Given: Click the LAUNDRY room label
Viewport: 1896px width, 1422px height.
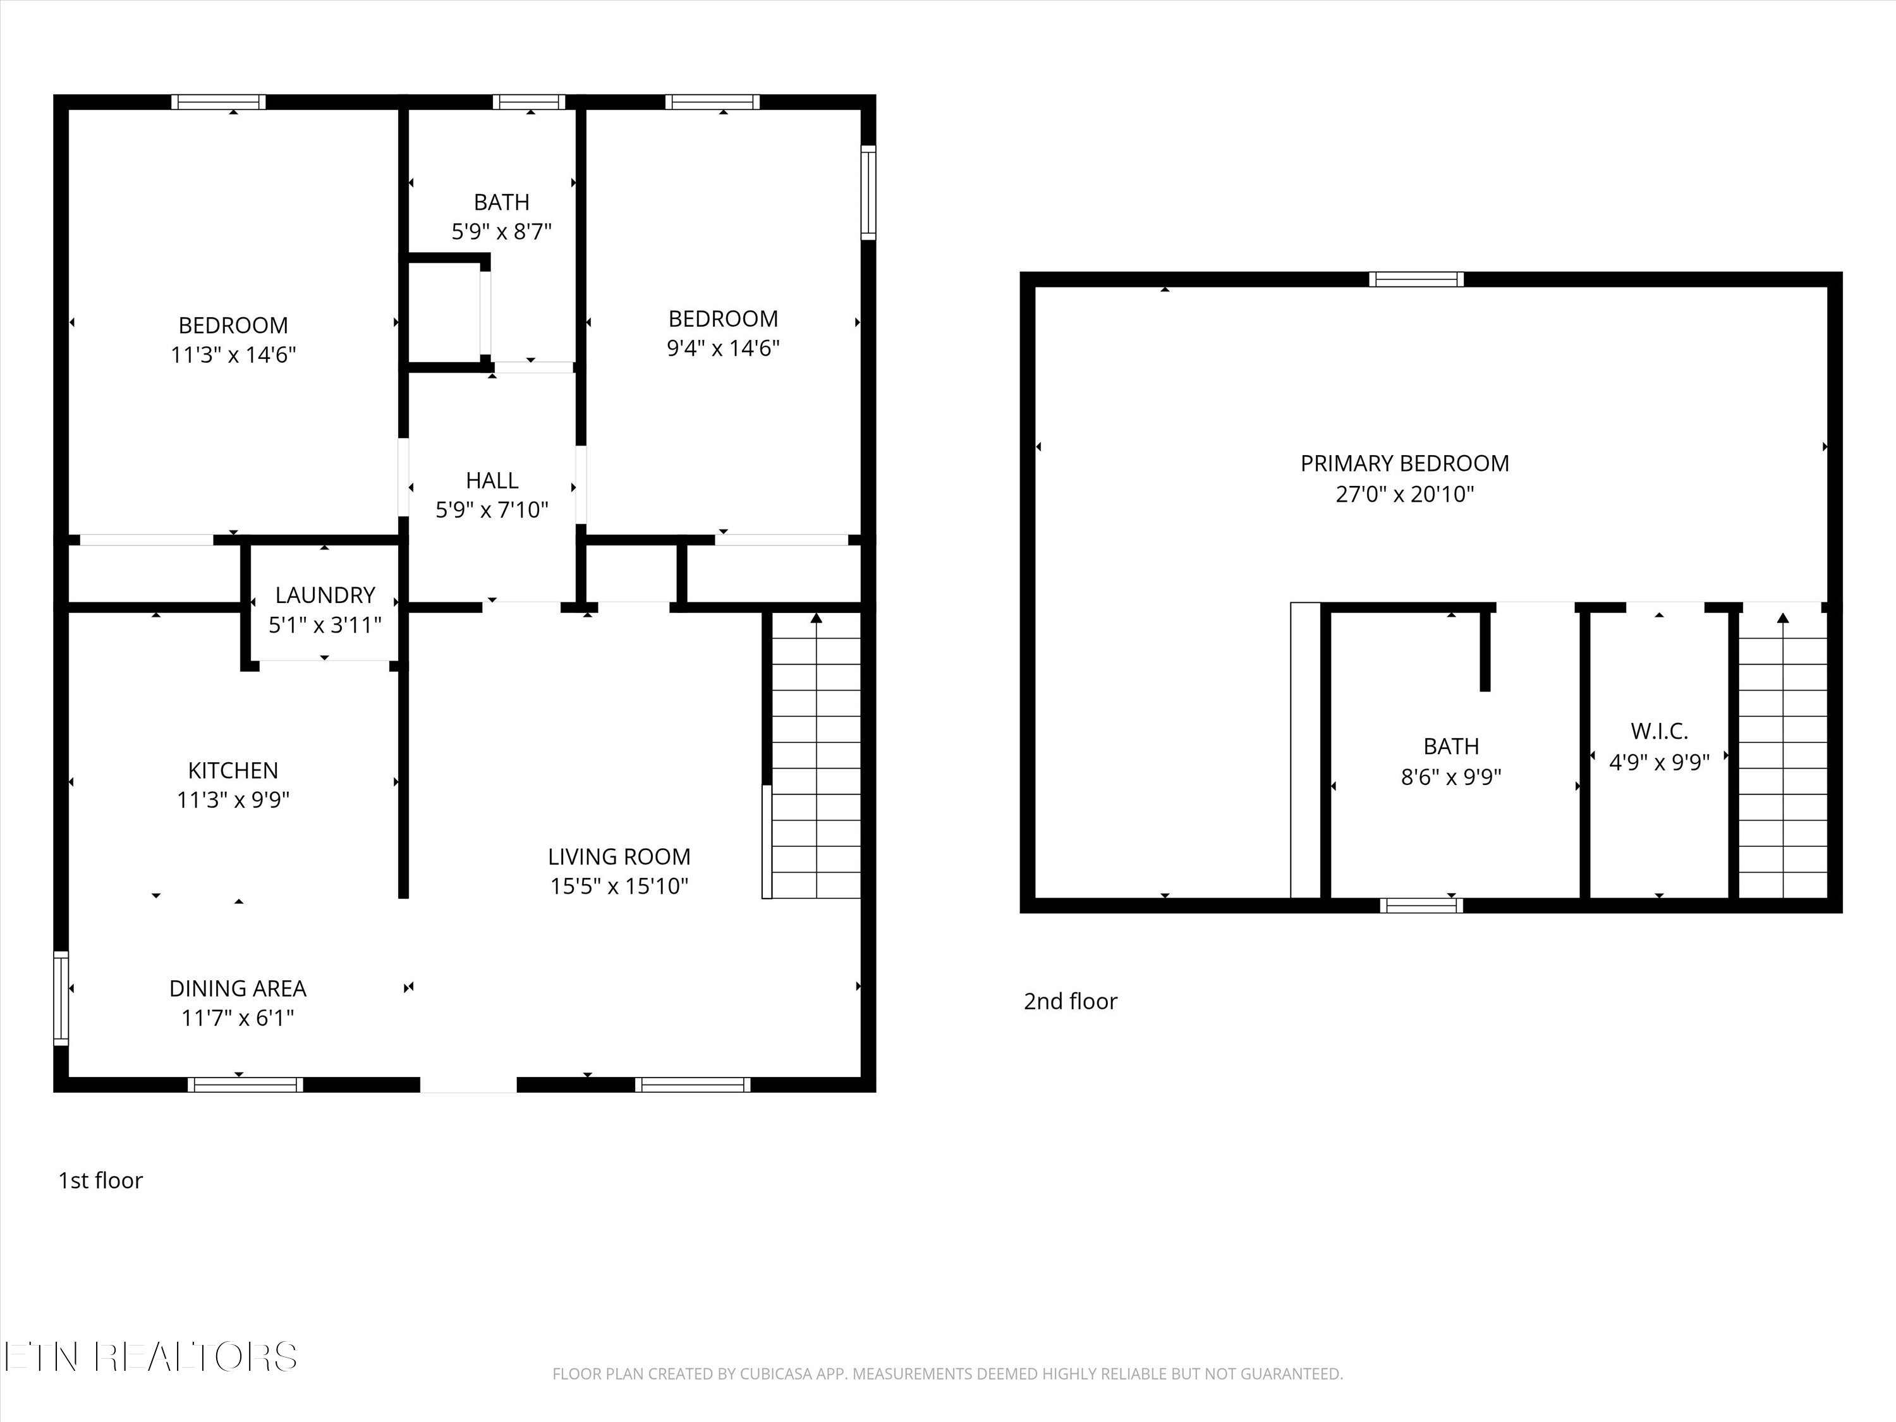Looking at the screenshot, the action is [325, 595].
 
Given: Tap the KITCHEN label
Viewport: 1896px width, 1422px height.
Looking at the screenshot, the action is [233, 770].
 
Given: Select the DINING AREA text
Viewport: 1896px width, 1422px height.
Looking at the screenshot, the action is [238, 988].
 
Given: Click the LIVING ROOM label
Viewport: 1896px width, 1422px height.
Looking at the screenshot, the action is [619, 856].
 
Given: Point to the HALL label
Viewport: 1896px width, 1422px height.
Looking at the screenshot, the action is [492, 480].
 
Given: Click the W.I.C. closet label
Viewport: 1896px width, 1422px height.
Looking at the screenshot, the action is [1660, 731].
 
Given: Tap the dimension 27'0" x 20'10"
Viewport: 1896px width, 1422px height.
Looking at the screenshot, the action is [1405, 494].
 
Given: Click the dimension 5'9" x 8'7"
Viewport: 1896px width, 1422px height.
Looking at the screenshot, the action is [501, 231].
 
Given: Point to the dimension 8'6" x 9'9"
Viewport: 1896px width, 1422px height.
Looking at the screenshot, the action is [1451, 777].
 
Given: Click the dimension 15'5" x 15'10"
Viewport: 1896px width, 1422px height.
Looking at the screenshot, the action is [619, 885].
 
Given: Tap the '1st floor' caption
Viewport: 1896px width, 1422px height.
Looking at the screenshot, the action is [100, 1181].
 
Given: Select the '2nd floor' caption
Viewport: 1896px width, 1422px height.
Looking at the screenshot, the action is [1071, 1001].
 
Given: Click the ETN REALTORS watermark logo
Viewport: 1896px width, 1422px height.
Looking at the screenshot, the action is [151, 1357].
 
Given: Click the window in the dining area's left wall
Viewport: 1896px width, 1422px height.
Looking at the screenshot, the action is [61, 998].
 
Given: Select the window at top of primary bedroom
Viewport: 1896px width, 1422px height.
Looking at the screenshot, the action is [1416, 279].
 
